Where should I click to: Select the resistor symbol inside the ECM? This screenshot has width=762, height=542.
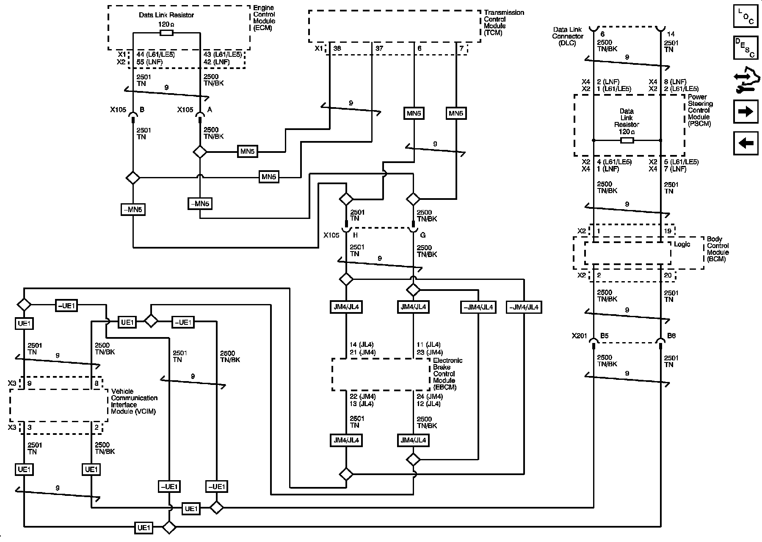click(166, 33)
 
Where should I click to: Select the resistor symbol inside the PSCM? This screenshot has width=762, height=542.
click(627, 140)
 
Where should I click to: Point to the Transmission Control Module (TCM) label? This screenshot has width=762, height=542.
click(504, 22)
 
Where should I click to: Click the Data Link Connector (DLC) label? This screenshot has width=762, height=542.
click(567, 36)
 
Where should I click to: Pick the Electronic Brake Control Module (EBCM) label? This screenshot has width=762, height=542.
click(447, 373)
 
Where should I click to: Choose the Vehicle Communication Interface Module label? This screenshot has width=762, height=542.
click(134, 401)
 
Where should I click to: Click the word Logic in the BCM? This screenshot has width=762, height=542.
click(682, 244)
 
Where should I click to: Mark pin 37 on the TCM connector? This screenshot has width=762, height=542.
click(379, 49)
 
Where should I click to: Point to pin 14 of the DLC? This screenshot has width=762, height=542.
click(671, 34)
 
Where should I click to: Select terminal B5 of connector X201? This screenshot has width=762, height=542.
click(604, 336)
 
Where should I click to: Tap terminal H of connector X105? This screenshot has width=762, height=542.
click(356, 235)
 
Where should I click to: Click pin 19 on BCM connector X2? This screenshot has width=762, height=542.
click(668, 231)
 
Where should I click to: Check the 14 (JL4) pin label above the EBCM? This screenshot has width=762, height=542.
click(362, 345)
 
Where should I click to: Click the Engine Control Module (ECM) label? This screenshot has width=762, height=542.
click(264, 18)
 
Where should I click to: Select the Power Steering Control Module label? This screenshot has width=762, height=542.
click(699, 110)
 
